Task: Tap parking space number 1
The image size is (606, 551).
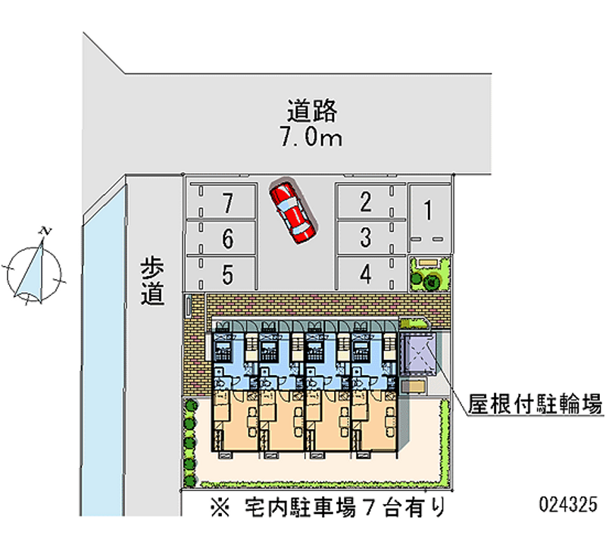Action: [x=428, y=211]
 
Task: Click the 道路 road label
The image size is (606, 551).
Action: [x=311, y=111]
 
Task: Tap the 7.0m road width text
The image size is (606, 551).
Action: [x=311, y=138]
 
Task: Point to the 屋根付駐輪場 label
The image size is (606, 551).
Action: [x=536, y=402]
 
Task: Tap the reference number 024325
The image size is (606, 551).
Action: [x=568, y=504]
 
